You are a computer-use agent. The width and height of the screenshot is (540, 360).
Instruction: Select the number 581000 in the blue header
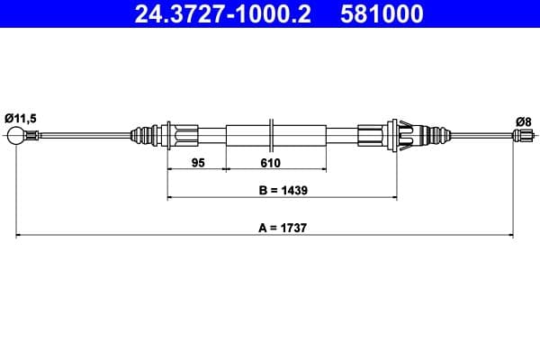pyautogui.click(x=382, y=14)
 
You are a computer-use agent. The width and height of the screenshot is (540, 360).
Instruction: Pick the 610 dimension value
pyautogui.click(x=271, y=164)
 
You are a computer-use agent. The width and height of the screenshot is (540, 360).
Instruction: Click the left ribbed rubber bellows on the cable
pyautogui.click(x=144, y=136)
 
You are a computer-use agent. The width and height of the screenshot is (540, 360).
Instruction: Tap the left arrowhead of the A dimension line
pyautogui.click(x=19, y=236)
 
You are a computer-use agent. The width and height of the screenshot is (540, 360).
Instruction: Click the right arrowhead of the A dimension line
pyautogui.click(x=511, y=236)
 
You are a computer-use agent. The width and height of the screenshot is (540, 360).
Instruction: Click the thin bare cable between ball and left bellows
pyautogui.click(x=81, y=136)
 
